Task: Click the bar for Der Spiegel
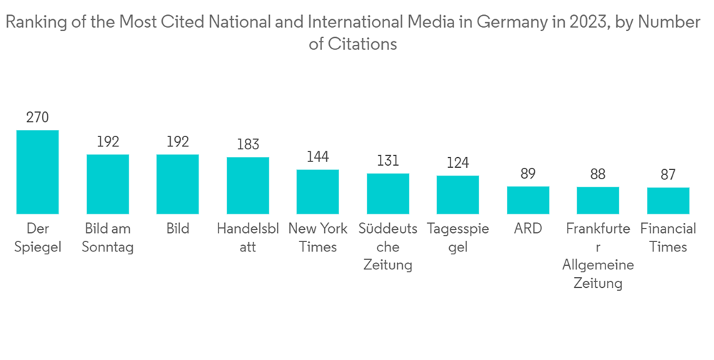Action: (x=37, y=172)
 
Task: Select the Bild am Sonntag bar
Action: (x=108, y=184)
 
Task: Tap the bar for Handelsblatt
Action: (x=248, y=186)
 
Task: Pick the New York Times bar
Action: (x=318, y=192)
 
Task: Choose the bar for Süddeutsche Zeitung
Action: (x=388, y=194)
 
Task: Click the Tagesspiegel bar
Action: (x=458, y=195)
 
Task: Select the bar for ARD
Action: (x=528, y=200)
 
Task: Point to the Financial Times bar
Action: (x=668, y=201)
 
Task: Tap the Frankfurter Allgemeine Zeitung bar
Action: (x=598, y=201)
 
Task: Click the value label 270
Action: (x=37, y=118)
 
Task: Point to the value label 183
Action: (x=248, y=145)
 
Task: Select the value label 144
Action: (x=318, y=157)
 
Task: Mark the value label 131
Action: (x=388, y=161)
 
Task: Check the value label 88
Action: (x=598, y=174)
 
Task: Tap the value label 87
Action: (x=668, y=175)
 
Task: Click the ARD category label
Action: (x=528, y=229)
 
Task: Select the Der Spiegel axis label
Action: (x=37, y=238)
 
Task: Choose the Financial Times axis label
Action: (x=668, y=238)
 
